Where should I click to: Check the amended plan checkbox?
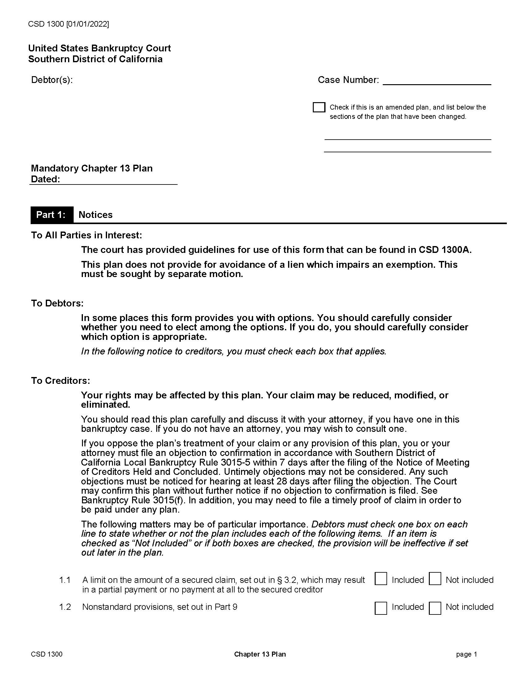tap(319, 107)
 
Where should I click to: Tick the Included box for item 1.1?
tap(381, 579)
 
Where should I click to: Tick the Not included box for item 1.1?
tap(435, 579)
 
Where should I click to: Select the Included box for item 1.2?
tap(381, 608)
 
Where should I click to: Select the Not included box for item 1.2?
tap(435, 608)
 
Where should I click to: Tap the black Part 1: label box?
tap(52, 215)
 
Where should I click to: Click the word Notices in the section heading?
tap(95, 215)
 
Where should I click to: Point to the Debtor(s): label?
tap(52, 80)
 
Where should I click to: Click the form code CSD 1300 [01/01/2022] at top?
tap(69, 24)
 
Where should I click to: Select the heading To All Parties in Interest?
tap(86, 235)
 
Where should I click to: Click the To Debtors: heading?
tap(57, 303)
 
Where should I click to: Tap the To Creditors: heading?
tap(60, 380)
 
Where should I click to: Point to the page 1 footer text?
tap(466, 654)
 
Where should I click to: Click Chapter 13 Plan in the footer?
tap(260, 654)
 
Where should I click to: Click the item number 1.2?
tap(65, 607)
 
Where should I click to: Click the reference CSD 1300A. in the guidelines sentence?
tap(445, 250)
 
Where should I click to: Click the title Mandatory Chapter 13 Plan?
tap(92, 168)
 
